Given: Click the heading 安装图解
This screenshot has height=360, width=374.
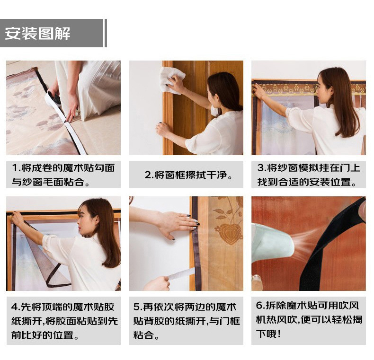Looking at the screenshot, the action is [x=37, y=33].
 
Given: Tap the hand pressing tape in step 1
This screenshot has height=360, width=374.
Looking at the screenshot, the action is [x=71, y=111].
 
